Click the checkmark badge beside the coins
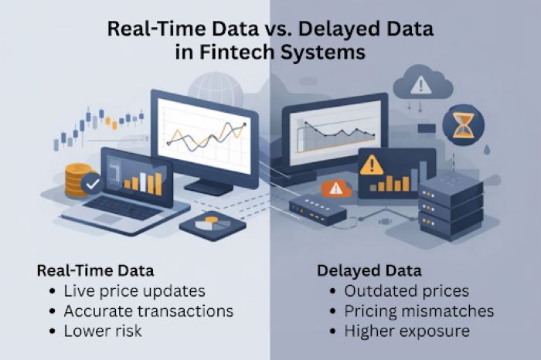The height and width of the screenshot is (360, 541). (x=92, y=185)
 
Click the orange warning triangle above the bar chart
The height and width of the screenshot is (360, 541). (x=372, y=164)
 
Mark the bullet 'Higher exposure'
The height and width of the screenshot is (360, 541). (x=404, y=330)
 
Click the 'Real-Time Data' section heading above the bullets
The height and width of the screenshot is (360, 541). (x=95, y=271)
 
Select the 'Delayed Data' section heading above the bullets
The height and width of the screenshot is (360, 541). (x=369, y=271)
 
